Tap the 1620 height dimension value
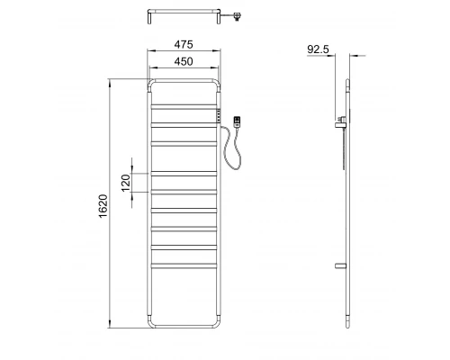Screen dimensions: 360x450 click(103, 204)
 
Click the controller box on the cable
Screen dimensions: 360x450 click(238, 121)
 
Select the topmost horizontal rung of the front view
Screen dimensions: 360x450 click(184, 107)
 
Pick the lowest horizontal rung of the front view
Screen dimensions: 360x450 click(184, 264)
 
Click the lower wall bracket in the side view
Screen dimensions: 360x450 click(340, 266)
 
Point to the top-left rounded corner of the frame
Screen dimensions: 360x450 click(151, 87)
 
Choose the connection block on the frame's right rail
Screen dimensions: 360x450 click(220, 115)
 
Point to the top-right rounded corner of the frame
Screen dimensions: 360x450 click(218, 87)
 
